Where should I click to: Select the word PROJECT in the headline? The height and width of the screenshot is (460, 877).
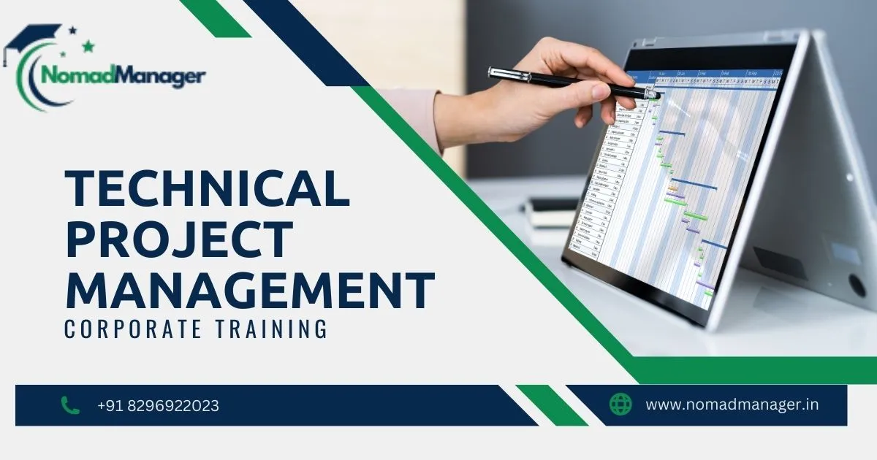[179, 239]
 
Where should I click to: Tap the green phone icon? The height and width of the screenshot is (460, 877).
[70, 405]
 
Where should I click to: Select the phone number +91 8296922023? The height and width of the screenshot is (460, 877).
[158, 406]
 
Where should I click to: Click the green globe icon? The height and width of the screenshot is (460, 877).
[620, 405]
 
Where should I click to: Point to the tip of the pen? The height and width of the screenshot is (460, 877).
[658, 95]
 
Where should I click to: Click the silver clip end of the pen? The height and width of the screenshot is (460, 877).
[497, 72]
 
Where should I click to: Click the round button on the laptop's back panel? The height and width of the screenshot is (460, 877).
[857, 284]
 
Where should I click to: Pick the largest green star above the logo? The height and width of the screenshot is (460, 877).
[88, 47]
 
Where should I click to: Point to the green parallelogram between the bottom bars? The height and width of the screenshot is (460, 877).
[552, 405]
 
